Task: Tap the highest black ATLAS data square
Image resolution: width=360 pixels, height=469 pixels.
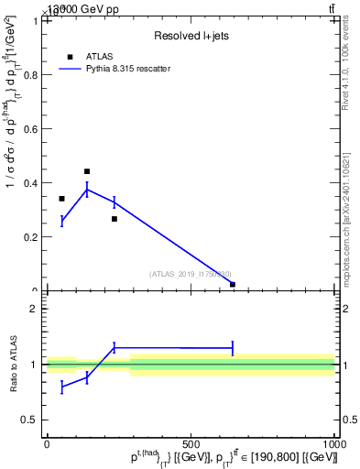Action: (87, 171)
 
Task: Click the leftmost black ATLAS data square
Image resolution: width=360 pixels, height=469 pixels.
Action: (61, 199)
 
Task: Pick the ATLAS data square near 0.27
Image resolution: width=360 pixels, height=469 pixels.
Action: (115, 219)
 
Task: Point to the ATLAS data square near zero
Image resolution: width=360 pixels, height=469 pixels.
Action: (233, 284)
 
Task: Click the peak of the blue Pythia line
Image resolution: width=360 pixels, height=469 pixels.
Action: (87, 189)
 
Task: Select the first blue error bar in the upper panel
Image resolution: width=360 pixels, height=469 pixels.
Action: (61, 221)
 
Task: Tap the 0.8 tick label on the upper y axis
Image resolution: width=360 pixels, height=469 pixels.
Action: (32, 74)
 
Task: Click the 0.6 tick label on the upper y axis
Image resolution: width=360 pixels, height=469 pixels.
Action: (32, 128)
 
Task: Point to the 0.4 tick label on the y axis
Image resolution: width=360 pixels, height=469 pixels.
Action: (32, 182)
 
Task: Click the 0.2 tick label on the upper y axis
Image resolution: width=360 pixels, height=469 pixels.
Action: (32, 236)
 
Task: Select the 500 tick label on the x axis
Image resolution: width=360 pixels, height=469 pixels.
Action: (191, 444)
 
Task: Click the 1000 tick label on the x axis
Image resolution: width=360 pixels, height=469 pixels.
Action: (334, 444)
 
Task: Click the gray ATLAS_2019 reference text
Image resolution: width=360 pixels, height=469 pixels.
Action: (191, 274)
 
